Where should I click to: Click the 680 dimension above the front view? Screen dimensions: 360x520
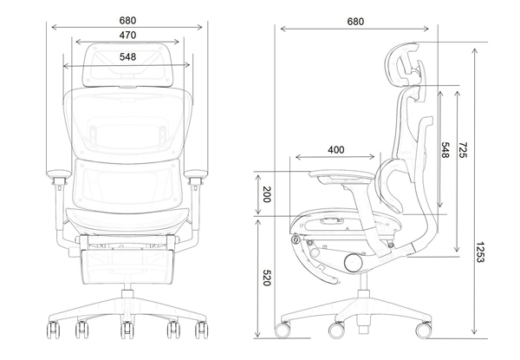127,19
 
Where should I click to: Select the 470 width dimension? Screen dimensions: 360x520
127,36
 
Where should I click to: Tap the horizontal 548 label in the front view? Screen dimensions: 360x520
127,56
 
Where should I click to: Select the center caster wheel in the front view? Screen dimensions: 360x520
127,331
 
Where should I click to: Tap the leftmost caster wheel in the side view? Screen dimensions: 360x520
283,331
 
